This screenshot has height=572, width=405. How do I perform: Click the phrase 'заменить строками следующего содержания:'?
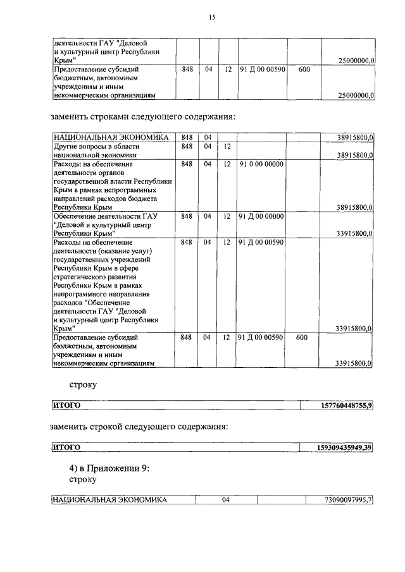[142, 117]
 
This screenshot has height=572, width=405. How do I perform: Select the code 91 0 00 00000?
[261, 164]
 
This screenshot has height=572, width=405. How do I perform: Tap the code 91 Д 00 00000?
[261, 216]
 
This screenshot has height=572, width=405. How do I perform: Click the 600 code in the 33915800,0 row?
[302, 338]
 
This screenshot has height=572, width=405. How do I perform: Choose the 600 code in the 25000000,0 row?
[304, 69]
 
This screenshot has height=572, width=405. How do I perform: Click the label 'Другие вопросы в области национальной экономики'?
[95, 150]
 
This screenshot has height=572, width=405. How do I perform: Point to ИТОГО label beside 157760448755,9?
[66, 405]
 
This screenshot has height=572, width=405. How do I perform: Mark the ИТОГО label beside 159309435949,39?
[66, 448]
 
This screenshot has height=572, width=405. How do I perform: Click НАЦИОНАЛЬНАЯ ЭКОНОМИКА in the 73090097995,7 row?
[110, 500]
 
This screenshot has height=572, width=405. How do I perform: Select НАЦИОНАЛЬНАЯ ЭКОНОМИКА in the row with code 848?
[110, 137]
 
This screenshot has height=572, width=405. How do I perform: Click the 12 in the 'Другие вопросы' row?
[227, 146]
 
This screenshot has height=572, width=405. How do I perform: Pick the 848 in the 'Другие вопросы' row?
[186, 146]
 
